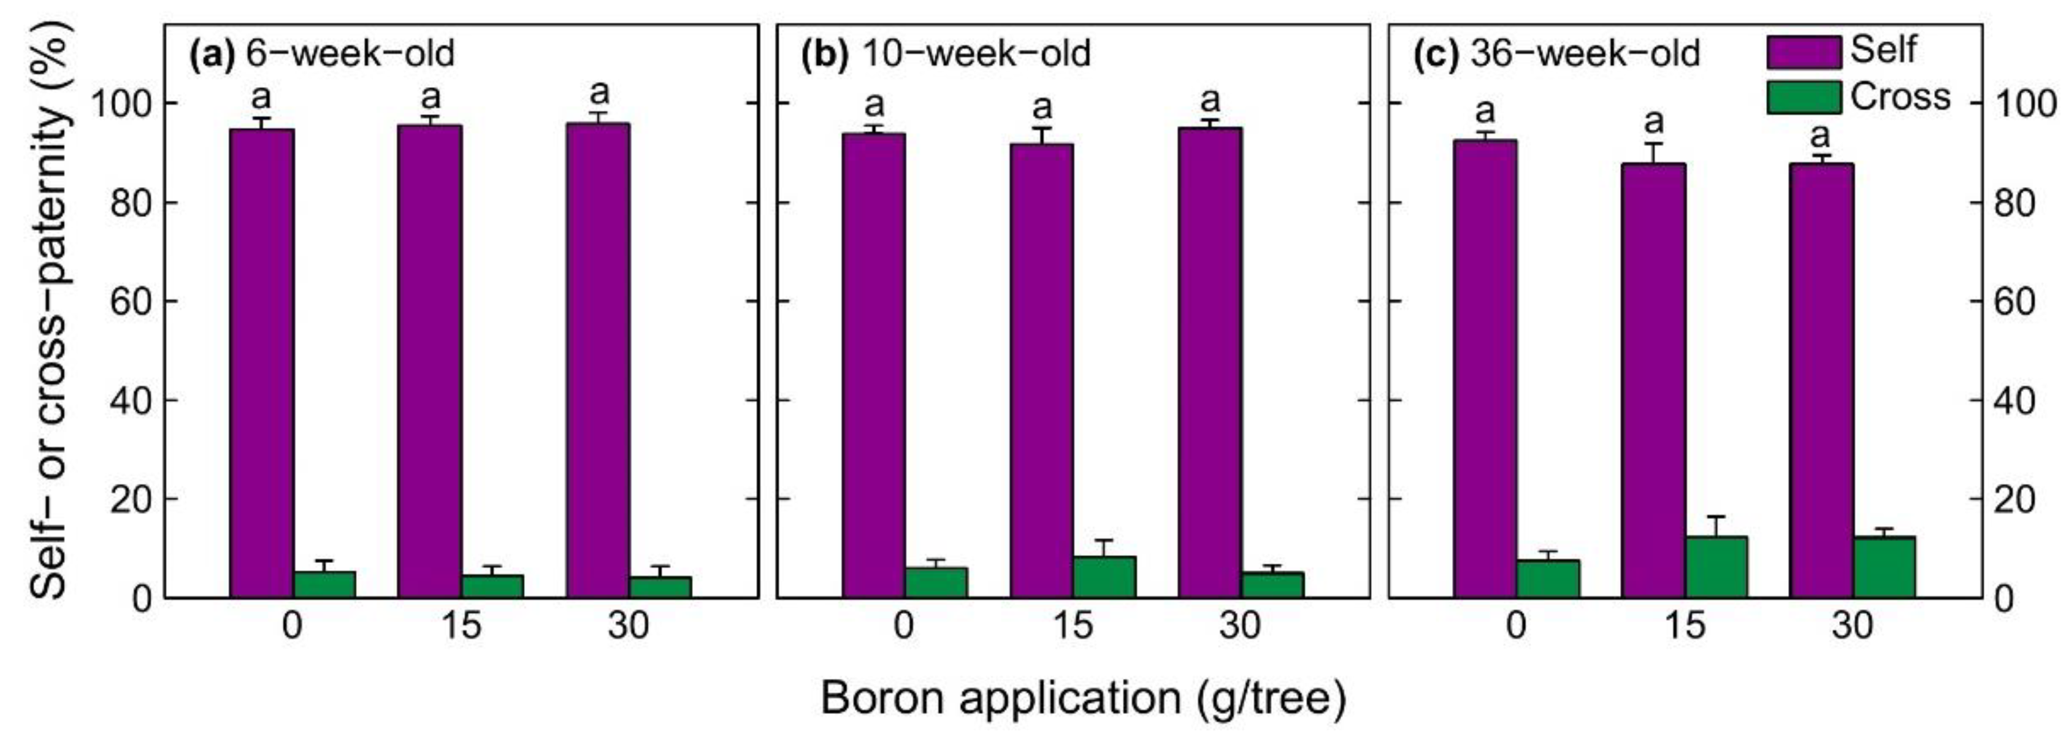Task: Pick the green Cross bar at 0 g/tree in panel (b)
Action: click(936, 582)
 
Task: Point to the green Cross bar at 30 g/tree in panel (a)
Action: click(660, 586)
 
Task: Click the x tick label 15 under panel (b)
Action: click(1073, 625)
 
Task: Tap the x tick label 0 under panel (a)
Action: click(293, 625)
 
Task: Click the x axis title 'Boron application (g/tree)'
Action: click(1083, 697)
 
